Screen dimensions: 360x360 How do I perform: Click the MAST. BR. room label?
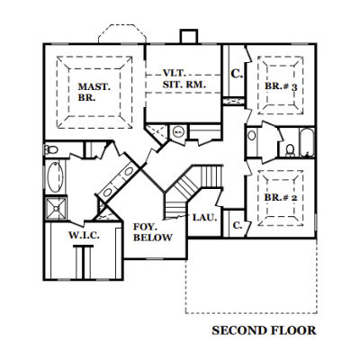click(94, 92)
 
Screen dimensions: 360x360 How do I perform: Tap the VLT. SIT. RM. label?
click(184, 79)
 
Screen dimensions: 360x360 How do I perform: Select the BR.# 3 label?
click(281, 86)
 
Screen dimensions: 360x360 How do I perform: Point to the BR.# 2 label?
click(281, 198)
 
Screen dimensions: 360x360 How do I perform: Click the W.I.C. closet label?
click(84, 235)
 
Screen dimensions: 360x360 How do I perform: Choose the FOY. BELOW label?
click(153, 231)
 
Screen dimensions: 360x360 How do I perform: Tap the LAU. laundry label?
click(204, 217)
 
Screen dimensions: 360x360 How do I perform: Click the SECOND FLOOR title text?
click(264, 330)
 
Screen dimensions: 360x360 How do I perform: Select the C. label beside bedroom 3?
click(237, 74)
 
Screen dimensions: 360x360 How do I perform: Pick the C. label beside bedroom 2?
click(238, 225)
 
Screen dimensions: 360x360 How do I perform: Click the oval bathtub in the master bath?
click(56, 176)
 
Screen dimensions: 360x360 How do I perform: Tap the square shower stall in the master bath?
click(56, 208)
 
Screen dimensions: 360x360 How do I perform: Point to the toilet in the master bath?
click(51, 148)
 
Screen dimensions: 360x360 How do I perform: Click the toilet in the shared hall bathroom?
click(290, 150)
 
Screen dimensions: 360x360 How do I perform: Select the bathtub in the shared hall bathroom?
click(307, 142)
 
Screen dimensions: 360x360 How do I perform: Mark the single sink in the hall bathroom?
click(252, 135)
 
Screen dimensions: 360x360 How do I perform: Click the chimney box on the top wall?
click(189, 37)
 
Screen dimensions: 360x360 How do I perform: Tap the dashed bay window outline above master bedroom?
click(122, 33)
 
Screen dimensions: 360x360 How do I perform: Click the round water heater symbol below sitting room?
click(178, 131)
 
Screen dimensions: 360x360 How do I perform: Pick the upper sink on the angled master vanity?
click(129, 172)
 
